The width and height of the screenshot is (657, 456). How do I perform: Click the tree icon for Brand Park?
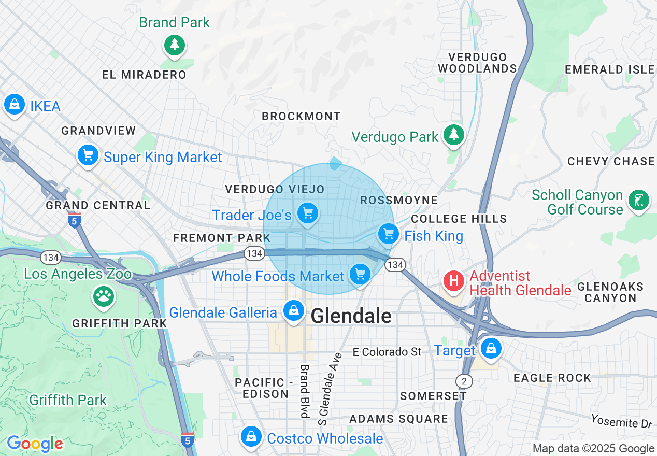coord(175,45)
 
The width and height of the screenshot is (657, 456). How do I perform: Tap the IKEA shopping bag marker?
coord(15,105)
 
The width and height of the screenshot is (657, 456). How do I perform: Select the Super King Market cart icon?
coord(88,155)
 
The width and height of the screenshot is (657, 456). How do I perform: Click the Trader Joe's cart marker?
coord(308,213)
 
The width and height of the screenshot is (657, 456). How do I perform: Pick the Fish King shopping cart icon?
coord(388,234)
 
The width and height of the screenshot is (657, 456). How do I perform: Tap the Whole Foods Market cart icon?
coord(360,275)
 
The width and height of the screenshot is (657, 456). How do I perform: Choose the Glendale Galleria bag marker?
coord(293,311)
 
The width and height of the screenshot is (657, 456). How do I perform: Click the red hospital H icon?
coord(454,281)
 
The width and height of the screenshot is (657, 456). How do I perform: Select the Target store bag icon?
coord(490,349)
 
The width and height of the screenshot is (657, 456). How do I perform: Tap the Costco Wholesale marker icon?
coord(251,437)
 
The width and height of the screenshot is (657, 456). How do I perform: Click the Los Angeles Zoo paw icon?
coord(104,296)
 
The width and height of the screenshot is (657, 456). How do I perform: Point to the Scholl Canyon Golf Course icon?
coord(638,201)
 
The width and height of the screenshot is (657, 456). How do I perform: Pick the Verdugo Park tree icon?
coord(454,135)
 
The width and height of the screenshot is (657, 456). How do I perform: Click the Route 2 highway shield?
coord(464,381)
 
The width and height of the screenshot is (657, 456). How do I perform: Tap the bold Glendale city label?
coord(351,316)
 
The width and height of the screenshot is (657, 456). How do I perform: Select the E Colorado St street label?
coord(387,352)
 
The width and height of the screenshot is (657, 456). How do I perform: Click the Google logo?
coord(35,444)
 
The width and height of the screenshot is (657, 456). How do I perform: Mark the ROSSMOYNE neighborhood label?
coord(398,200)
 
